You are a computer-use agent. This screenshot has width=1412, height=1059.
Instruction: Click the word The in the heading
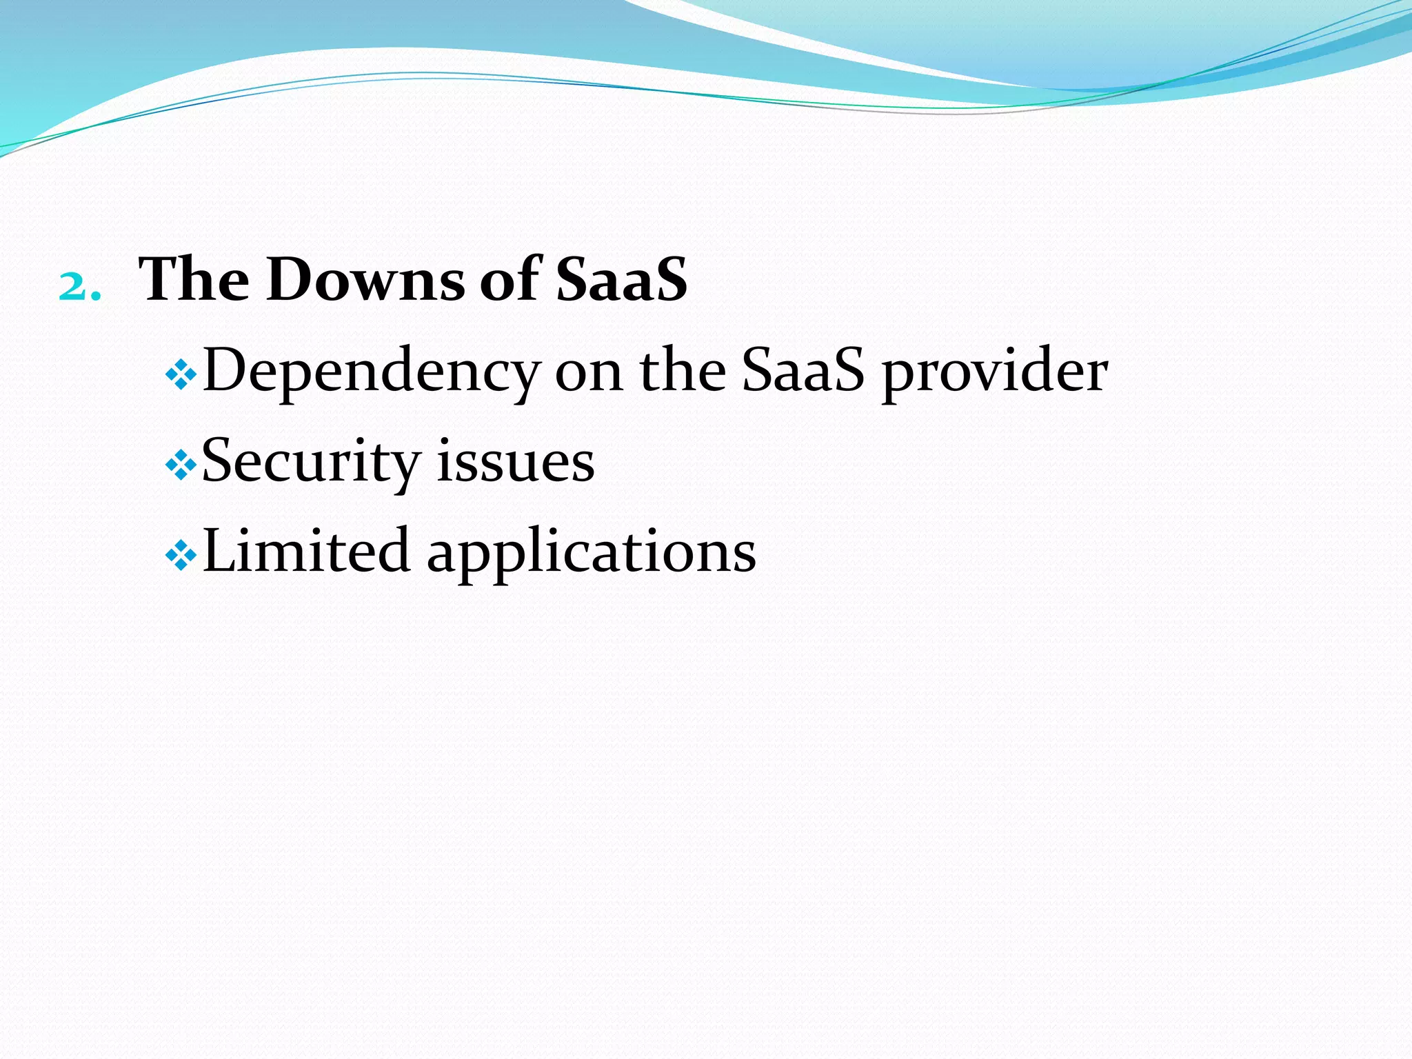[x=194, y=279]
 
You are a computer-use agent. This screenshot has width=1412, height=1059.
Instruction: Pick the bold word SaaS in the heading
[x=621, y=279]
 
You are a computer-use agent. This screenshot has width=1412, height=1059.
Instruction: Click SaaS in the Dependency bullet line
[x=803, y=371]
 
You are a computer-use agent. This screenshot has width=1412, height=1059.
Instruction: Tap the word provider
[x=995, y=372]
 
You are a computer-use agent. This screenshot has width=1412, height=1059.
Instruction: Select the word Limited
[x=307, y=551]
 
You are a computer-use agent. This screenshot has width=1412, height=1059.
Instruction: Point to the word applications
[x=592, y=554]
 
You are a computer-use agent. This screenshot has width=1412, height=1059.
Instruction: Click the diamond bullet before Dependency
[x=182, y=376]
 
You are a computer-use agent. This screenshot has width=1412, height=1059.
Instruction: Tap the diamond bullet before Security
[x=182, y=466]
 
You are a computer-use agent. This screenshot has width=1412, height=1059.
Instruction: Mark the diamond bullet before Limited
[x=182, y=556]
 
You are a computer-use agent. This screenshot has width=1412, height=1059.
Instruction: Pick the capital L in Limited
[x=221, y=551]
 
